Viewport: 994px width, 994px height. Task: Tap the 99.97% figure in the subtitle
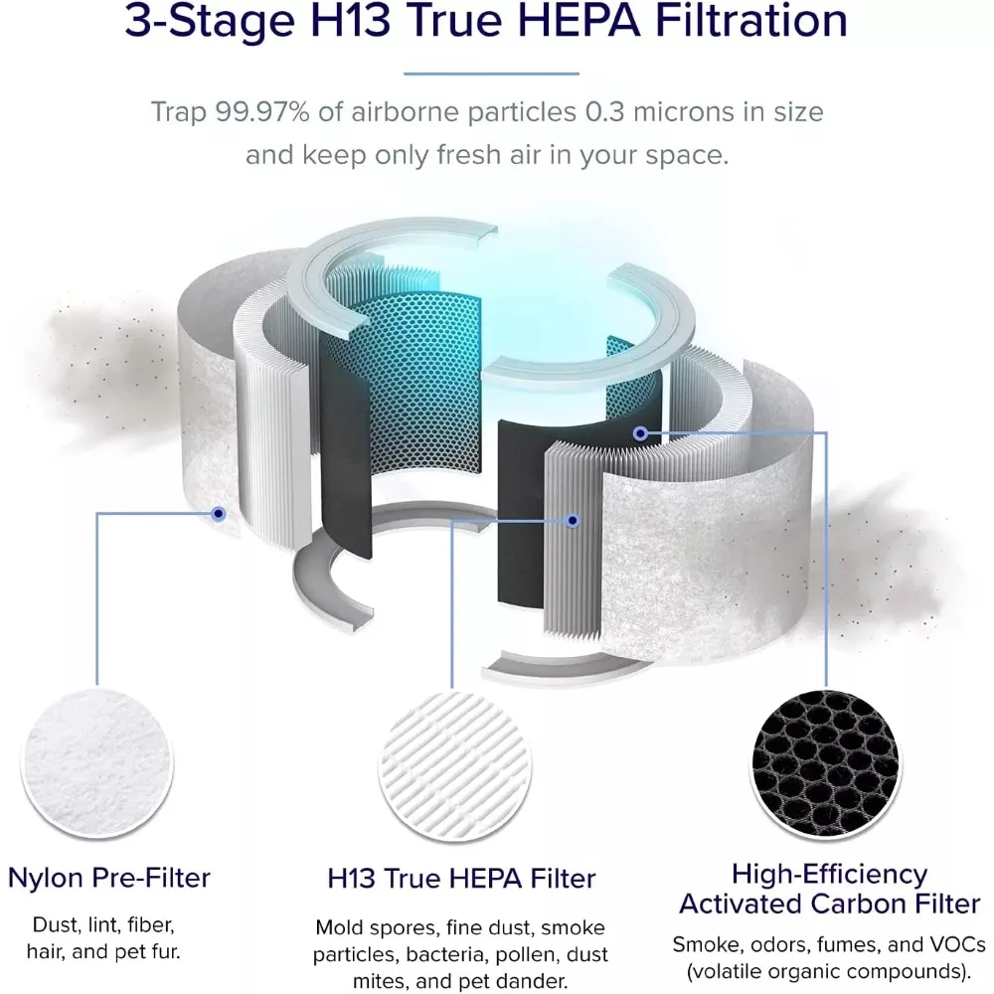[x=261, y=112]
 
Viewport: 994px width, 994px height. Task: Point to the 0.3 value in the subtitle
[x=604, y=112]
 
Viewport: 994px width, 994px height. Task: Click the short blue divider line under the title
[x=491, y=74]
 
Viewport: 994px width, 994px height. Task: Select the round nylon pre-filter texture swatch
[x=97, y=762]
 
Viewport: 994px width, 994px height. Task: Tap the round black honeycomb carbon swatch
[x=826, y=763]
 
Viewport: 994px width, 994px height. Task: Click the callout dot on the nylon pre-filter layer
[x=219, y=514]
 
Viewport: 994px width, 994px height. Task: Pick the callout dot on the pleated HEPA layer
[x=573, y=521]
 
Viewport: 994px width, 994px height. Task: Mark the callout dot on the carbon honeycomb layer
[x=640, y=433]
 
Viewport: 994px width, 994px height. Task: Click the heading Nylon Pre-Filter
[x=109, y=878]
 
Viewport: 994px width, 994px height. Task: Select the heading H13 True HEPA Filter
[x=461, y=880]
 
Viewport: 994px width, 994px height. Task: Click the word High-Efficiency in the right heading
[x=830, y=874]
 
